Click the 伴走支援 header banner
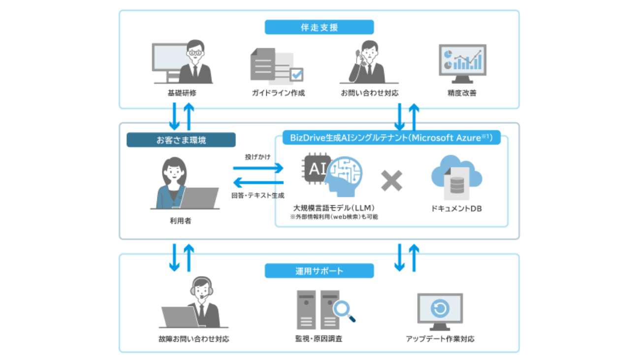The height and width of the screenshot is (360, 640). [x=319, y=27]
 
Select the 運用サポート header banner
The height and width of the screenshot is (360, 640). [x=319, y=271]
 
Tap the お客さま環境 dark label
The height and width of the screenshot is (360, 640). [x=181, y=140]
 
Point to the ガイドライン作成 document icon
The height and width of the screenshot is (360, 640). [x=276, y=66]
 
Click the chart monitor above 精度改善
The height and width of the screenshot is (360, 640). [x=462, y=63]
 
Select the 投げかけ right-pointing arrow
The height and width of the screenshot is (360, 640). [x=258, y=168]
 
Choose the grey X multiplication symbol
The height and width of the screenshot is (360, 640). [x=392, y=181]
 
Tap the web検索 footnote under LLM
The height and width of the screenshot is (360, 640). [x=334, y=217]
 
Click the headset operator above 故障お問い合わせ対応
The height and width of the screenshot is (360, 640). [x=202, y=301]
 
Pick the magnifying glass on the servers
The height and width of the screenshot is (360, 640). [x=343, y=310]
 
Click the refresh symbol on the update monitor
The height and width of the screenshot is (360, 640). [x=439, y=309]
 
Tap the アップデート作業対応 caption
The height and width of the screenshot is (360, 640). [x=440, y=339]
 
